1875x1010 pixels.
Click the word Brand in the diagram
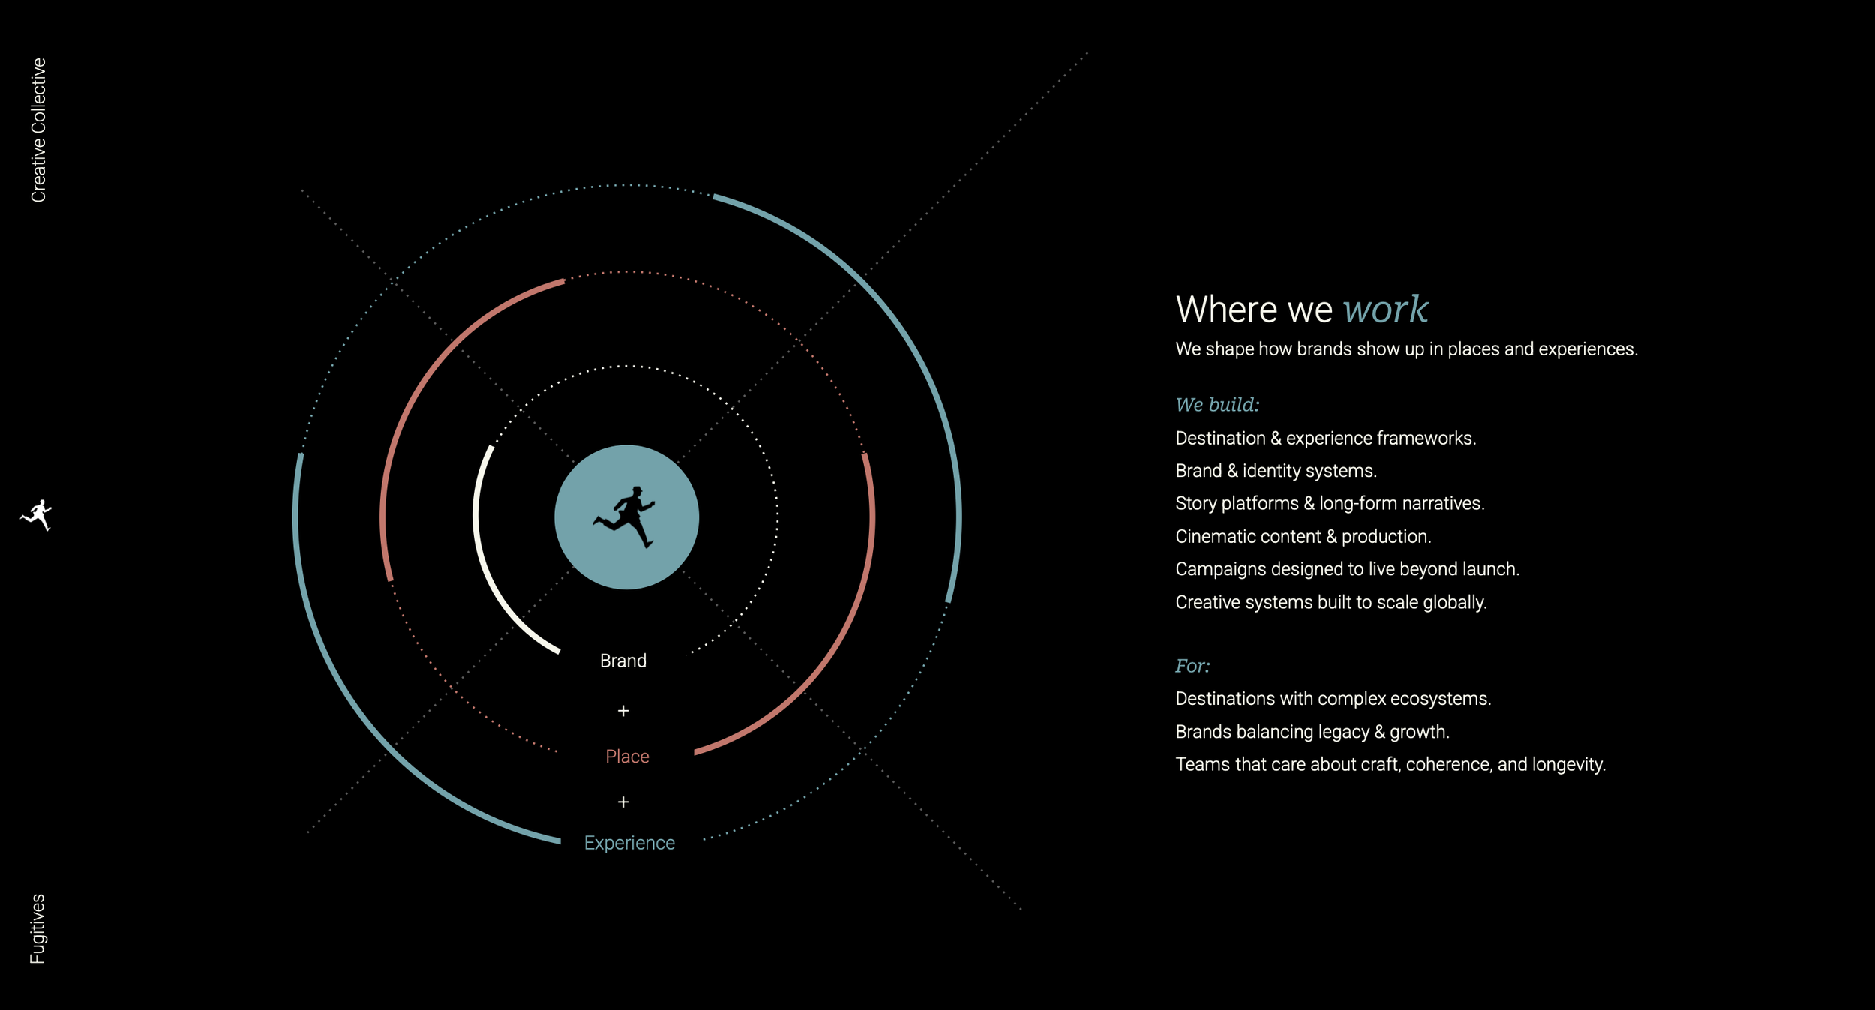tap(622, 661)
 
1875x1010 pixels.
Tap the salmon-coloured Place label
tap(627, 757)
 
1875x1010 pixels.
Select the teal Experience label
tap(629, 843)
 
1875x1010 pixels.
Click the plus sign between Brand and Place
tap(622, 711)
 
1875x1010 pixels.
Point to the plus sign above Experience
tap(622, 802)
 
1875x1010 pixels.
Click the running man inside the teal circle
tap(625, 517)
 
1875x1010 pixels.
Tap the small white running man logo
tap(37, 515)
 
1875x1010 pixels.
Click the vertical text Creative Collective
tap(38, 130)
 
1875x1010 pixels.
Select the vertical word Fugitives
tap(37, 928)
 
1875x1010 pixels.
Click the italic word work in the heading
tap(1384, 310)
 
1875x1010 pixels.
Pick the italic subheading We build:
tap(1217, 405)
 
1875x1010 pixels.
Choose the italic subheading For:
tap(1192, 666)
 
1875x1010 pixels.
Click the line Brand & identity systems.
tap(1276, 471)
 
